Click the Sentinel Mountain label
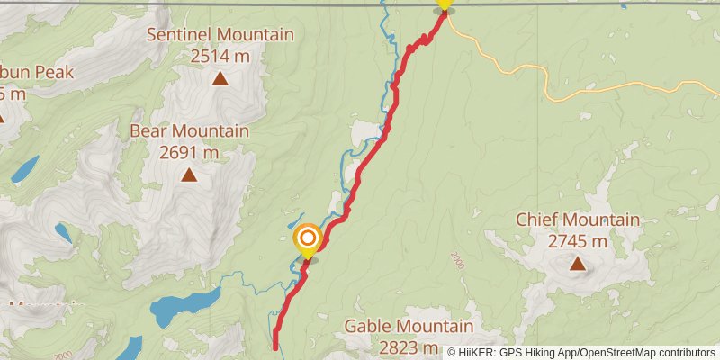pos(220,35)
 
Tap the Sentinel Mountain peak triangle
pos(220,78)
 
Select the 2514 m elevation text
pos(220,57)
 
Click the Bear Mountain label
pos(189,131)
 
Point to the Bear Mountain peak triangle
pos(189,175)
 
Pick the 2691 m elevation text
pos(189,153)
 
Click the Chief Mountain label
pos(577,220)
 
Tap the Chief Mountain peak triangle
pos(576,264)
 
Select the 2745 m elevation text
pos(577,241)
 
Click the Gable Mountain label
pos(409,326)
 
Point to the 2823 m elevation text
pos(409,348)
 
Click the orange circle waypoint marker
pos(307,238)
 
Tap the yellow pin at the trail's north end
pos(443,4)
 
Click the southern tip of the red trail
pos(274,344)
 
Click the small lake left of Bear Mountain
pos(24,167)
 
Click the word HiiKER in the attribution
pos(480,352)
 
